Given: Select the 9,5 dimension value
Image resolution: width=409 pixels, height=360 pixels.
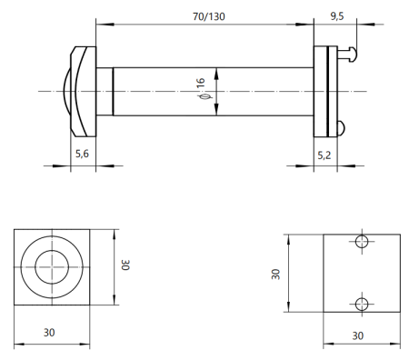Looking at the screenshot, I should pyautogui.click(x=336, y=15).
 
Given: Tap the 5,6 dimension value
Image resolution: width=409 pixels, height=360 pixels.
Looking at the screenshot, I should pyautogui.click(x=81, y=155).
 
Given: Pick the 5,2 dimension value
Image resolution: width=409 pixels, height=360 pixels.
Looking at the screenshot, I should pyautogui.click(x=324, y=155).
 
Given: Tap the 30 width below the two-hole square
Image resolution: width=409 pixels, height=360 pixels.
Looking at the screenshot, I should pyautogui.click(x=362, y=335).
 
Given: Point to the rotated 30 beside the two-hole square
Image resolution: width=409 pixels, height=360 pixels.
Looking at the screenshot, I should pyautogui.click(x=275, y=273).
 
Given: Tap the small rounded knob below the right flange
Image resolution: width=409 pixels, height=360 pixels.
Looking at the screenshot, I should pyautogui.click(x=340, y=126).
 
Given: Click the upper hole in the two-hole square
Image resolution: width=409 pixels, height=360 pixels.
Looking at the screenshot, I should pyautogui.click(x=362, y=242).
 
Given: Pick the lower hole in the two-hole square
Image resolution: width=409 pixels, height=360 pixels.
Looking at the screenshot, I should pyautogui.click(x=362, y=304).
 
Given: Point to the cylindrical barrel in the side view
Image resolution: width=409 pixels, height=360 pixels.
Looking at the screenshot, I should pyautogui.click(x=164, y=91).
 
